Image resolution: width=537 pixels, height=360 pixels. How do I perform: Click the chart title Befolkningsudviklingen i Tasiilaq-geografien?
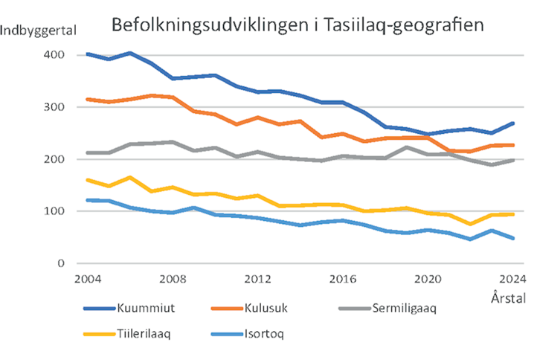298,25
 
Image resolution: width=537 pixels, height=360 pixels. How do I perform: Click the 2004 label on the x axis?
88,280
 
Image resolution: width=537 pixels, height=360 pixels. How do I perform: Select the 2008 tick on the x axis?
173,280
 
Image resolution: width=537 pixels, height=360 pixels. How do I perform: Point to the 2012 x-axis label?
257,280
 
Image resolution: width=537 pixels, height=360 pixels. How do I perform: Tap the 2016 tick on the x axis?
342,280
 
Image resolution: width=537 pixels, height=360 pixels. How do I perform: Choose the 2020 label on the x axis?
427,280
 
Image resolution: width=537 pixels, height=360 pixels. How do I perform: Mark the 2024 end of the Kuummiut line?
512,123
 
